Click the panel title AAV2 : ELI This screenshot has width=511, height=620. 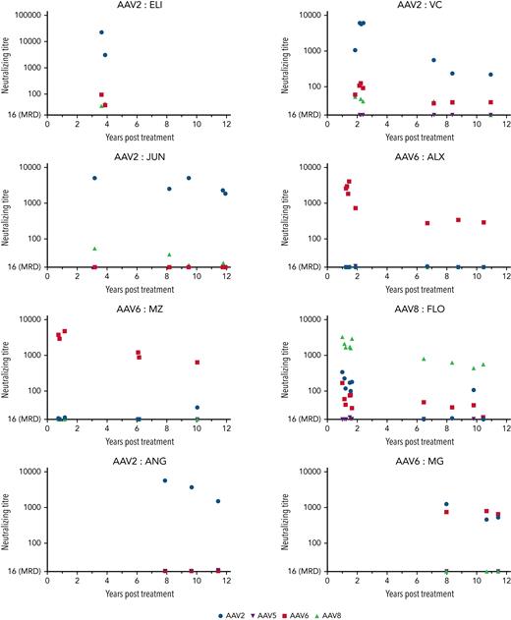coord(124,6)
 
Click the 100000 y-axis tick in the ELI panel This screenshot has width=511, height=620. coord(29,17)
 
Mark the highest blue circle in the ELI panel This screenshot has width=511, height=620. coord(101,32)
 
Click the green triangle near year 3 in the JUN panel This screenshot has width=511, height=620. coord(94,249)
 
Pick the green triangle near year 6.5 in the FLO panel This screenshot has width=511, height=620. coord(424,360)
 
